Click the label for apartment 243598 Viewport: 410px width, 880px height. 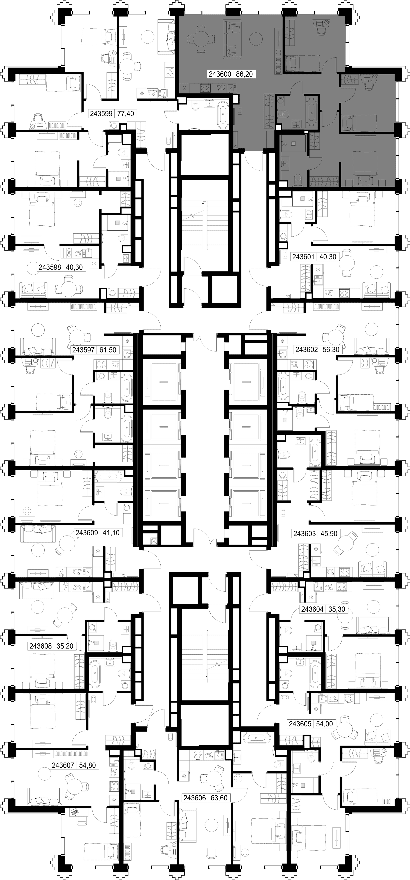[50, 267]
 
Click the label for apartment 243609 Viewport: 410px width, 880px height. [87, 533]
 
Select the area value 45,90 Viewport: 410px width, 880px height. [329, 534]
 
